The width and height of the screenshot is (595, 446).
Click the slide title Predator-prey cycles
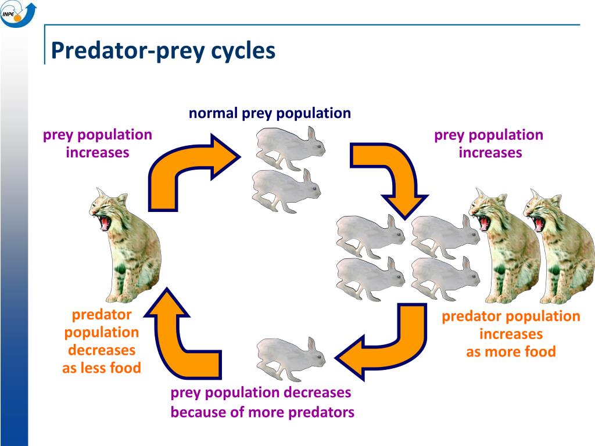(163, 51)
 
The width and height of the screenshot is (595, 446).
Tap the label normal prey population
(270, 113)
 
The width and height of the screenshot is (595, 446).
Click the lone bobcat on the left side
(125, 247)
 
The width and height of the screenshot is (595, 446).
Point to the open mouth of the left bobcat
(105, 222)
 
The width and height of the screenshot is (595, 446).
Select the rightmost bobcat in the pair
(558, 247)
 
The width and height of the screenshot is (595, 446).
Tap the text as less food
(102, 368)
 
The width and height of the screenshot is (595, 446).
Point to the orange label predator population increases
(511, 325)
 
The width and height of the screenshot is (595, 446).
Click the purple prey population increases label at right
(489, 143)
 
